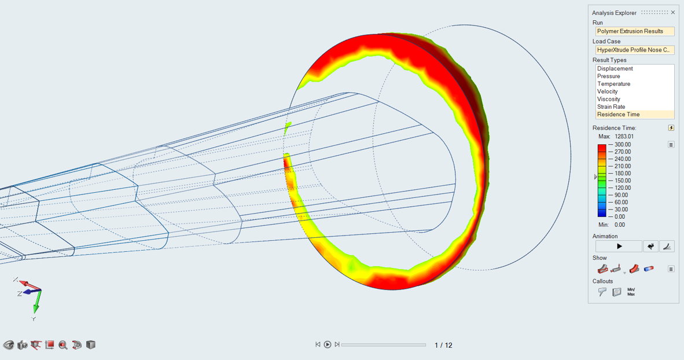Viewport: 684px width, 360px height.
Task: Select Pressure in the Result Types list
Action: [608, 76]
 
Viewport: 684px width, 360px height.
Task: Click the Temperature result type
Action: [613, 84]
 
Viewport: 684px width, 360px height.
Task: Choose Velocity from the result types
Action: [607, 91]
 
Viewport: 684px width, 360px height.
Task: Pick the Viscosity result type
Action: [609, 99]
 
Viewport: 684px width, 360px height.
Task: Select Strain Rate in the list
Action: [611, 107]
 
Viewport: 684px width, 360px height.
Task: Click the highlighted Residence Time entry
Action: [618, 115]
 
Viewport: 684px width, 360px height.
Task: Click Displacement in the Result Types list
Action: [615, 68]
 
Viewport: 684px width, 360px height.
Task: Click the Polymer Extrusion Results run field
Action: [635, 31]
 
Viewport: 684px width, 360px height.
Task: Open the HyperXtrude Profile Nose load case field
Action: [635, 50]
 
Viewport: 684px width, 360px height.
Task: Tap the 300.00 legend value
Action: [623, 145]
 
